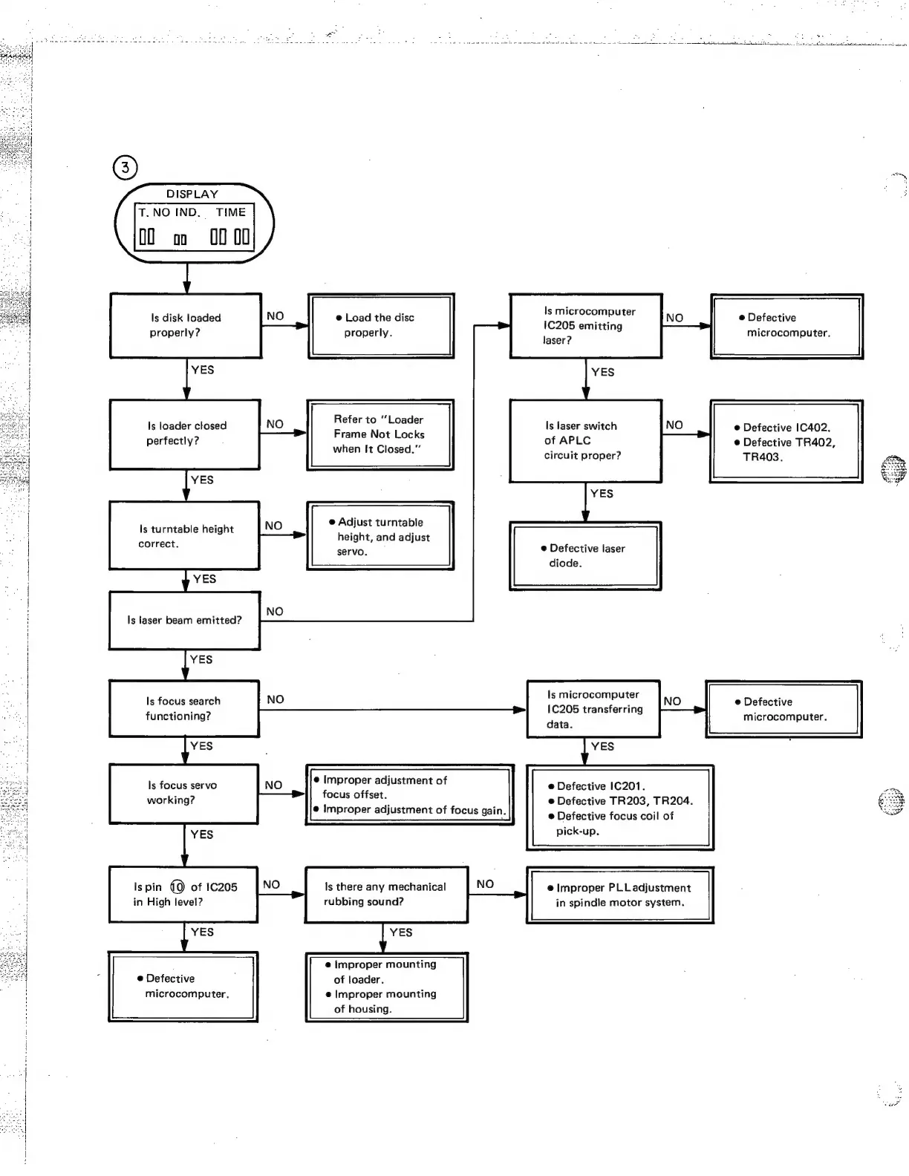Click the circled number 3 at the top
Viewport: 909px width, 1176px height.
point(126,167)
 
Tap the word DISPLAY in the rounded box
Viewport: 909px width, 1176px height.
point(192,194)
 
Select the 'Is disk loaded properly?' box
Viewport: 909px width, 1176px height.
point(186,325)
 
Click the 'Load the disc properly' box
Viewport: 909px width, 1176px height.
point(381,325)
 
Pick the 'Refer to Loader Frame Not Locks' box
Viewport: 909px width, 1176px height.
point(380,434)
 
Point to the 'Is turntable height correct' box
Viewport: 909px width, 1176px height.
point(185,535)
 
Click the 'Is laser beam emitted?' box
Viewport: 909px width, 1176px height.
point(185,620)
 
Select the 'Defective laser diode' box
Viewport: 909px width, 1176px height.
point(585,555)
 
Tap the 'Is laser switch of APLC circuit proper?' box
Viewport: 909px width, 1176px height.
point(585,440)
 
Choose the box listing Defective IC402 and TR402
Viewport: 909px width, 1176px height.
point(786,442)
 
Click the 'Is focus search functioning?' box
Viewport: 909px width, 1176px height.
point(184,708)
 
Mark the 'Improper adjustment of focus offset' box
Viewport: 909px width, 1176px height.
point(410,794)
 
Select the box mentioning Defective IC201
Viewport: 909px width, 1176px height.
point(620,808)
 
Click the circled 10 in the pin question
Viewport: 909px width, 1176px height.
point(177,886)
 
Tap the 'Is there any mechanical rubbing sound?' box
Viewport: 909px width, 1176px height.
point(386,894)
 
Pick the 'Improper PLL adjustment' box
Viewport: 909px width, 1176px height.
point(620,895)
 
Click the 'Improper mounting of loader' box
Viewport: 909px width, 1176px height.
point(386,987)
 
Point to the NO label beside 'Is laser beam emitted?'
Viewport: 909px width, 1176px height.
point(275,611)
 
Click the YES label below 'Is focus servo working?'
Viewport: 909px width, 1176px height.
point(202,834)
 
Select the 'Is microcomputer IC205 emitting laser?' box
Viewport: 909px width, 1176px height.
point(585,325)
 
